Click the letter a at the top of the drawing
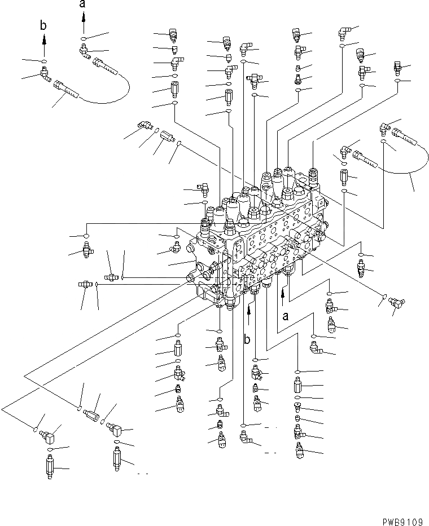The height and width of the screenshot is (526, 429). pyautogui.click(x=83, y=5)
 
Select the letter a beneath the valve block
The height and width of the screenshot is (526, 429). pyautogui.click(x=286, y=316)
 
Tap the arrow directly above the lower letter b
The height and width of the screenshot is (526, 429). pyautogui.click(x=248, y=311)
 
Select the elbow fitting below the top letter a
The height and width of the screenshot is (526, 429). pyautogui.click(x=84, y=51)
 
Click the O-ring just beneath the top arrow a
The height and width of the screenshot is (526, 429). pyautogui.click(x=84, y=38)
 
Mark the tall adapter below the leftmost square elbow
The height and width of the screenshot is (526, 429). pyautogui.click(x=50, y=466)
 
